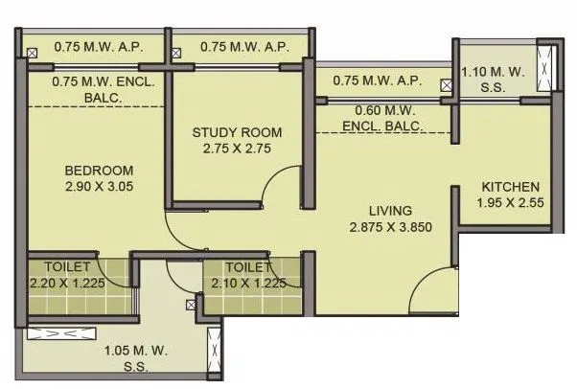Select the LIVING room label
[390, 211]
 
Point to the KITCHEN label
[510, 187]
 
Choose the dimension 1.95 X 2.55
[510, 203]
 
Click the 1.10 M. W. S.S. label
[493, 79]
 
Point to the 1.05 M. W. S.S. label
[126, 355]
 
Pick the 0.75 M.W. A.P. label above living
[377, 80]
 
